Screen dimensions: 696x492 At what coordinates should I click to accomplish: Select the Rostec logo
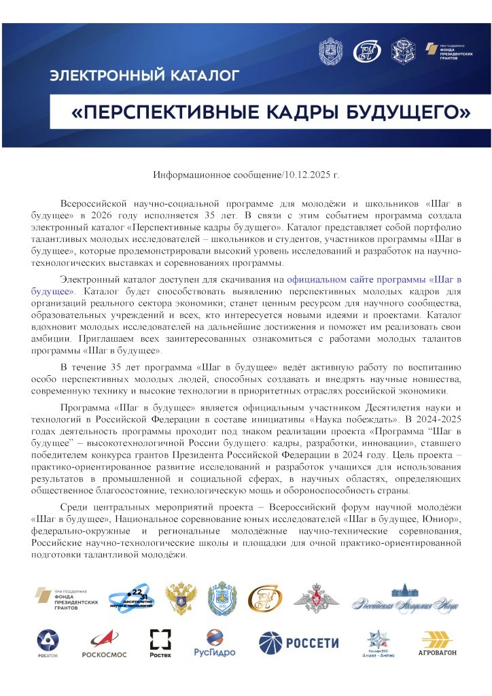tap(160, 643)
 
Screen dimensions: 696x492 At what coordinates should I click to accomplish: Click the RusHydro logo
tap(214, 643)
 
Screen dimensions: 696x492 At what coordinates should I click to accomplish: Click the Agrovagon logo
tap(438, 644)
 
